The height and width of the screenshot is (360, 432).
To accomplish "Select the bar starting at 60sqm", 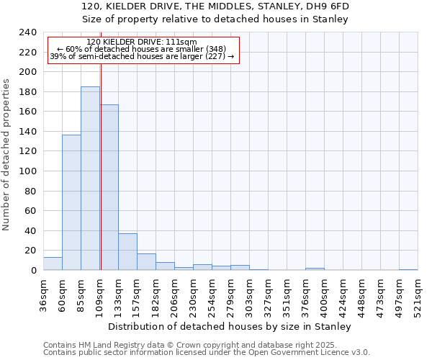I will point(71,202).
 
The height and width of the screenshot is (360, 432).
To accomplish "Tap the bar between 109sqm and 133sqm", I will point(109,187).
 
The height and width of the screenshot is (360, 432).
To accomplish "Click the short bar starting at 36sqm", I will point(53,264).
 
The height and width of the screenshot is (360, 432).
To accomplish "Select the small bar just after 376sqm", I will point(315,269).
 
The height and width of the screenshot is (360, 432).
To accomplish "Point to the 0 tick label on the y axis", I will point(33,271).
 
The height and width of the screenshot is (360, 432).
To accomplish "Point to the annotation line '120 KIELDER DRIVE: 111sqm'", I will point(141,42).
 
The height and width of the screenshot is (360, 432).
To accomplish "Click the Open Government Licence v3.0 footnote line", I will point(207,352).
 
